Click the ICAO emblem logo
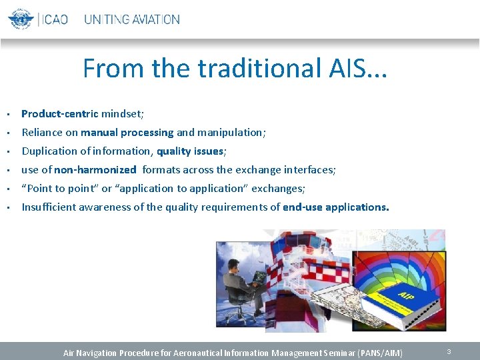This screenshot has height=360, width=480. [21, 19]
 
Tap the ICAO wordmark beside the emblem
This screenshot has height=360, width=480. [55, 19]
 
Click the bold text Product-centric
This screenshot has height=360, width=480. [60, 114]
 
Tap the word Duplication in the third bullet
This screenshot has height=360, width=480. [49, 151]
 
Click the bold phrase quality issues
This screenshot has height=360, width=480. [190, 151]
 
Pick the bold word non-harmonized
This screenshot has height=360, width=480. [95, 170]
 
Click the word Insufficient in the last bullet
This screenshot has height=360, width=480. [49, 207]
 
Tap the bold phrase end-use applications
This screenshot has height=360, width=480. [336, 207]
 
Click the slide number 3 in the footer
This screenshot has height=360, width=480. [449, 351]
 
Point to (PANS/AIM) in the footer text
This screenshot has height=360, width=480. [381, 352]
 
